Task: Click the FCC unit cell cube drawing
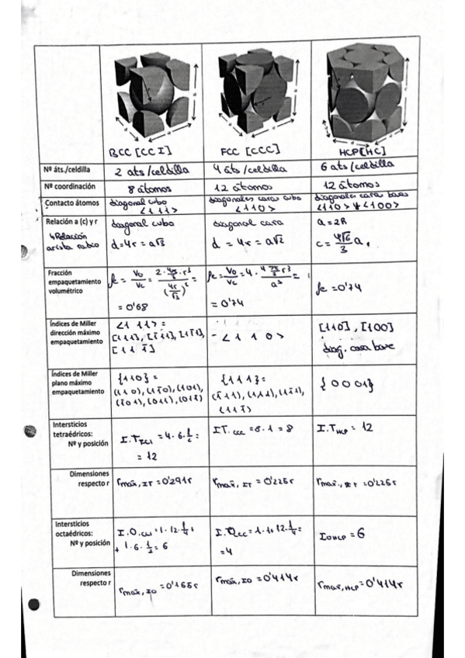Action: click(255, 92)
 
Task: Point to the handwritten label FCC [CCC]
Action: click(251, 149)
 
